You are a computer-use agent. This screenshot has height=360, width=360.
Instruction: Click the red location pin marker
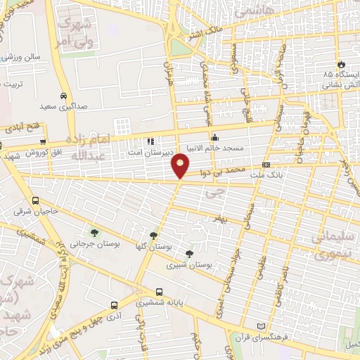181,165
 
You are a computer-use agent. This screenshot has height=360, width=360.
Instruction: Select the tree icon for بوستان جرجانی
94,233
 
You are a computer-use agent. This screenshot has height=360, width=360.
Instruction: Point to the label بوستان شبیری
185,266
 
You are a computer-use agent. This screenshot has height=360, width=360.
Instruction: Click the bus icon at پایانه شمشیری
160,292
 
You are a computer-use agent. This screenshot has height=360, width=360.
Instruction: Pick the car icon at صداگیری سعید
64,96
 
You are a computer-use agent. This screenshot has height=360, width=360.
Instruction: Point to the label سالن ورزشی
20,56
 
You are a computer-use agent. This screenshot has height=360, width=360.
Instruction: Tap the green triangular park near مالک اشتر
181,46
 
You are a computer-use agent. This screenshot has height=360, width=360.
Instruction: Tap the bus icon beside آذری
114,306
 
